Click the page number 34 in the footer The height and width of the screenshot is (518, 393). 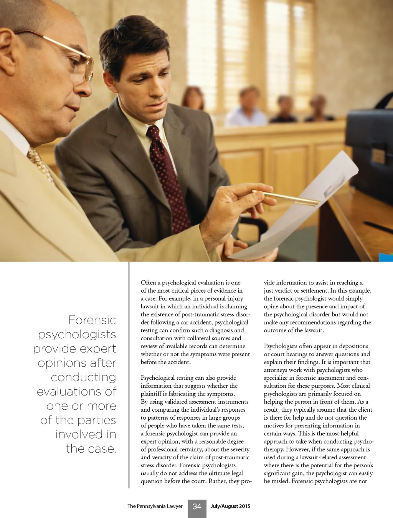click(x=197, y=506)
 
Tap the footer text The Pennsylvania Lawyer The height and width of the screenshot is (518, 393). click(x=155, y=506)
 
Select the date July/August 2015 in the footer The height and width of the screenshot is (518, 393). click(x=230, y=506)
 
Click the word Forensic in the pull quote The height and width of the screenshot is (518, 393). click(x=92, y=320)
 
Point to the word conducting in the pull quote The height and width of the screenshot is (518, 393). click(x=83, y=377)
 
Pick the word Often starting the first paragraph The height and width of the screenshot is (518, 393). click(x=149, y=283)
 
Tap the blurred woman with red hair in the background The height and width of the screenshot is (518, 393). click(x=193, y=98)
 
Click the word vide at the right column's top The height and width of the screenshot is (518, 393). click(x=269, y=283)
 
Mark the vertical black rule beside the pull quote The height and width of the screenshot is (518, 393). click(x=129, y=374)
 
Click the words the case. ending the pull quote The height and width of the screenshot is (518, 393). click(x=91, y=448)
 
